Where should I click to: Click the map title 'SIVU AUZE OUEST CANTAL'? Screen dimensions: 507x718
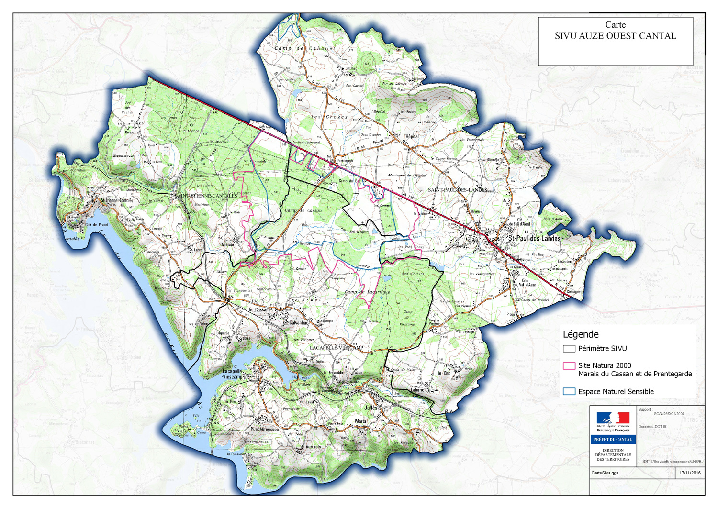tap(615, 36)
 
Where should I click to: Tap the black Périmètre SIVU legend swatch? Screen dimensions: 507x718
tap(569, 349)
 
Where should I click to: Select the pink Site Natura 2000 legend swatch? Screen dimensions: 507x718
tap(569, 366)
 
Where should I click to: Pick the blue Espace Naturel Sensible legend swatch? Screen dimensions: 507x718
tap(569, 391)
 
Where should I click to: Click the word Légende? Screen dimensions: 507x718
tap(580, 334)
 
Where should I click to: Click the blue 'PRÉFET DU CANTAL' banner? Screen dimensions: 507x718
tap(613, 439)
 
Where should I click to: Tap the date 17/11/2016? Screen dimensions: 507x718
tap(690, 473)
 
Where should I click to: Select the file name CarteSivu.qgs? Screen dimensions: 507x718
tap(605, 473)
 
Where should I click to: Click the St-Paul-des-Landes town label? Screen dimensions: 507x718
tap(534, 238)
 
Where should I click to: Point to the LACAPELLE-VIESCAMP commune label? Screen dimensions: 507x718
tap(336, 348)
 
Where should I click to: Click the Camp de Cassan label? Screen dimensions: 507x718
tap(303, 210)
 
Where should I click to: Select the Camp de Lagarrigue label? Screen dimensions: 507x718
tap(367, 292)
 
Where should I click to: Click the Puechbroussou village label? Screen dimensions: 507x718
tap(264, 429)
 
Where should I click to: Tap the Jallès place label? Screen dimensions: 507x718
tap(371, 408)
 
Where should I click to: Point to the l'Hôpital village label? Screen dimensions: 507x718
tap(411, 136)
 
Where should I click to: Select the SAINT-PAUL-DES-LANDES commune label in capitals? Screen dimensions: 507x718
tap(457, 190)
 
